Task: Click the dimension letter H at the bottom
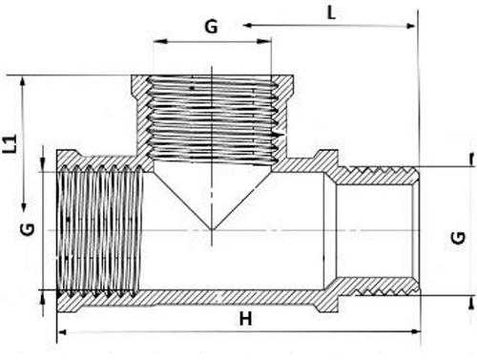coord(245,319)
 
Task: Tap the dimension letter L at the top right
coord(331,13)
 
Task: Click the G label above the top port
coord(211,27)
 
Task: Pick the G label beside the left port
coord(28,229)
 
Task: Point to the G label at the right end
coord(458,238)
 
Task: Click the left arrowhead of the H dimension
coord(62,332)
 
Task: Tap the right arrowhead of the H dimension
coord(416,331)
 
